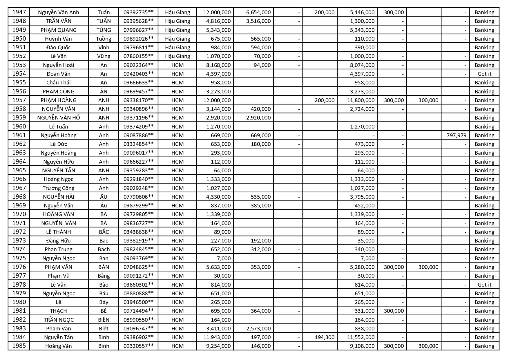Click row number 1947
(x=19, y=12)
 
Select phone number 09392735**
(x=138, y=12)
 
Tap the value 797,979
(x=457, y=135)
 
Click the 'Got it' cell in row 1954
(x=484, y=74)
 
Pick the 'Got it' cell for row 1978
(x=484, y=285)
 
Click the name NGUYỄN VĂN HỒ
(x=59, y=117)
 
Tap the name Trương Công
(x=59, y=188)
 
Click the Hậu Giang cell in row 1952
(x=177, y=56)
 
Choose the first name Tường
(x=104, y=39)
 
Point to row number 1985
(x=19, y=346)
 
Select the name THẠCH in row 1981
(x=59, y=311)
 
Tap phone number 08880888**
(x=138, y=293)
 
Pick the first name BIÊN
(x=104, y=320)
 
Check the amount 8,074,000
(x=362, y=65)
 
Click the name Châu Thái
(x=59, y=82)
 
